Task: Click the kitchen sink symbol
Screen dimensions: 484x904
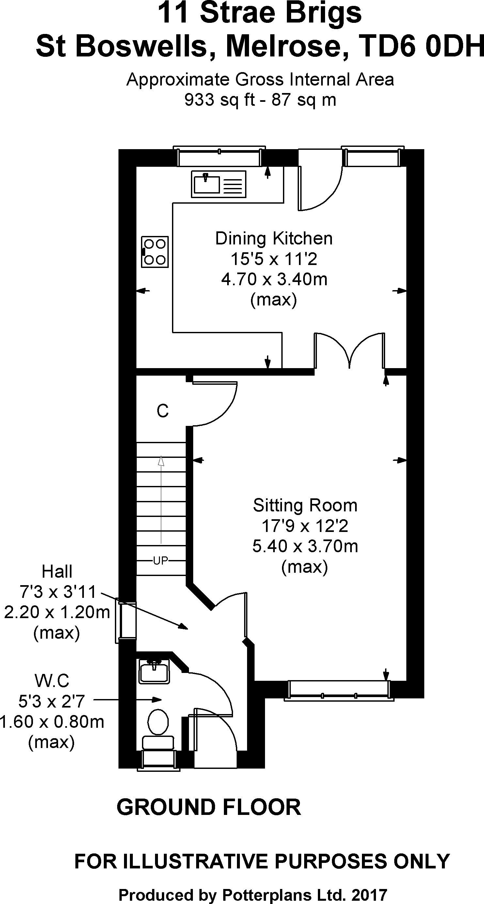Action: point(218,184)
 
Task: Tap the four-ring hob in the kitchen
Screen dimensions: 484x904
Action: point(155,252)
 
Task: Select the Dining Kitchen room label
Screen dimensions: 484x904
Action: point(274,238)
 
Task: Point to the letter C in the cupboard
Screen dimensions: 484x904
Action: point(163,411)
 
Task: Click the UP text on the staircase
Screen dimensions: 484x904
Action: point(161,561)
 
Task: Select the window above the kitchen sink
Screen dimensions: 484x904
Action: point(220,156)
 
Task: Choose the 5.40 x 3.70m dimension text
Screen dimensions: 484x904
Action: point(305,546)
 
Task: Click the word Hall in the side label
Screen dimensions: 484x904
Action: point(57,572)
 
